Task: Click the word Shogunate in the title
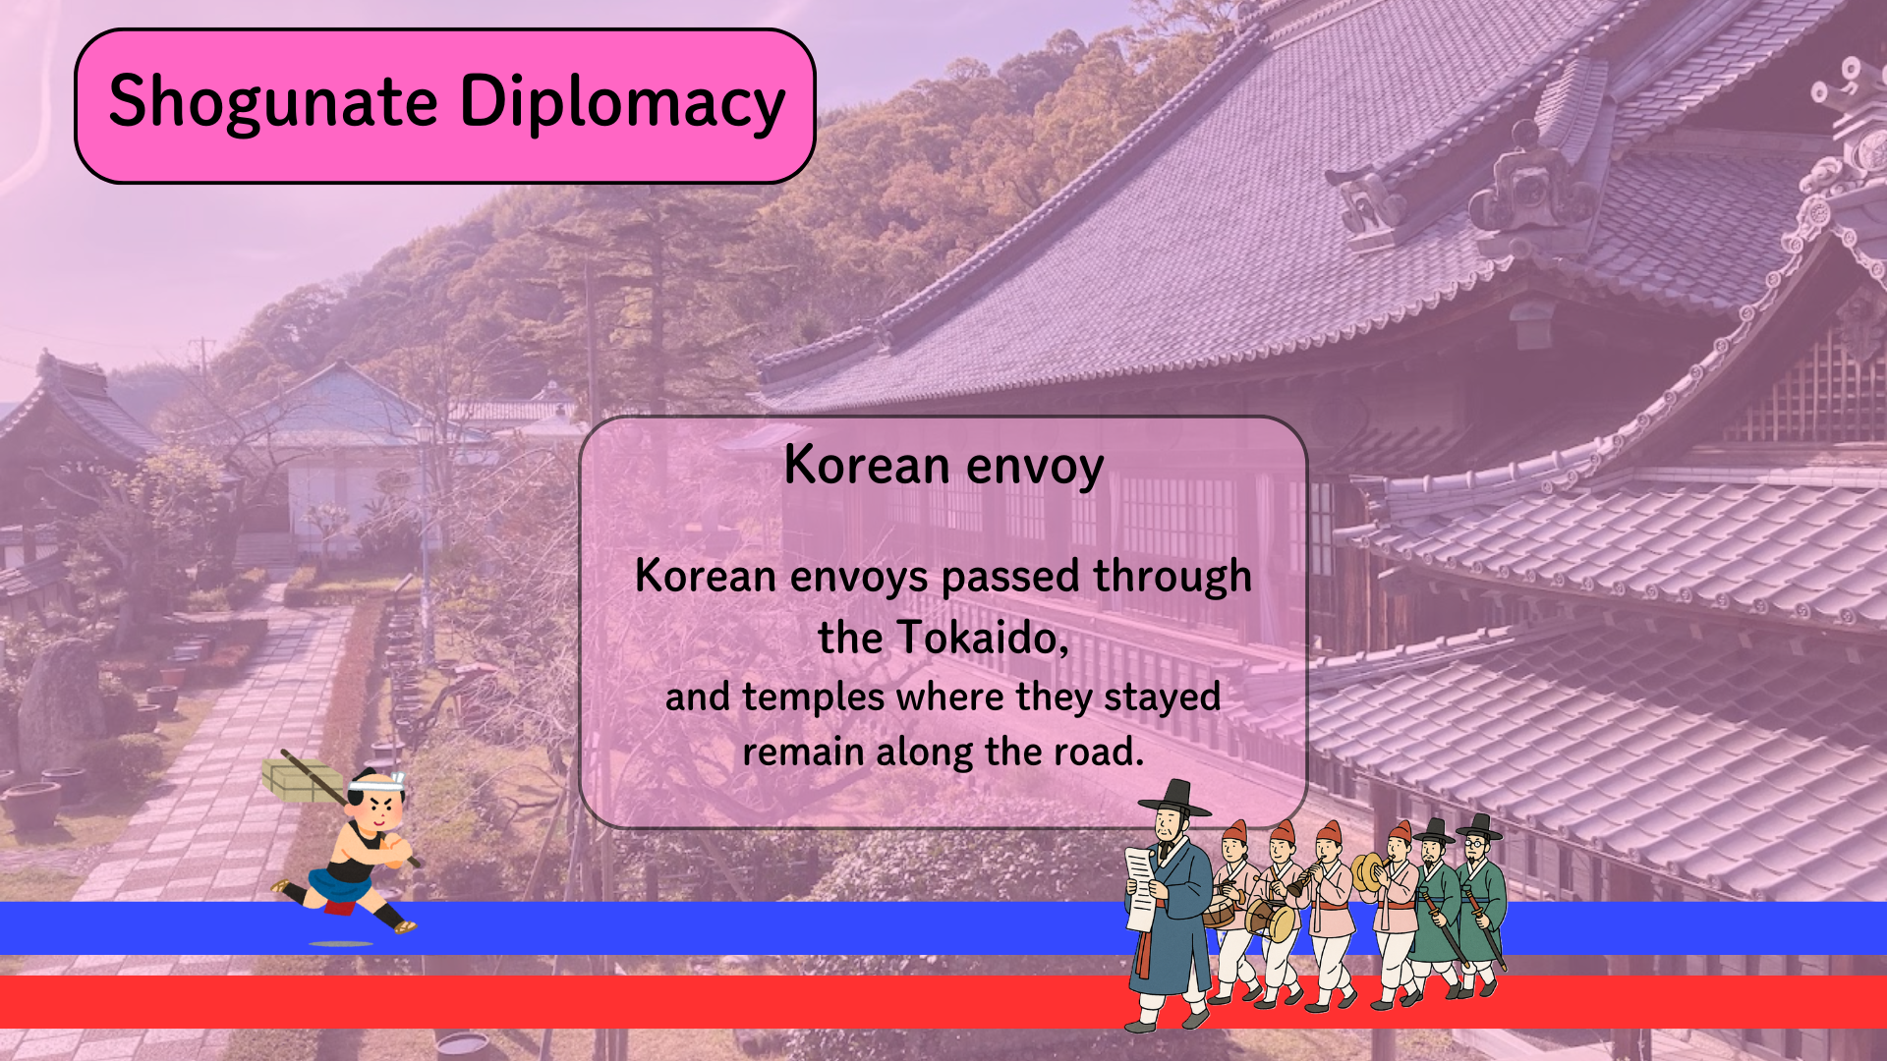273,102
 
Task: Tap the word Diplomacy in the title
623,102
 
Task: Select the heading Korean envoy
943,466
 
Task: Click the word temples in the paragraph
814,697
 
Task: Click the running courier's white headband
376,783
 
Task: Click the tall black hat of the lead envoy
1174,799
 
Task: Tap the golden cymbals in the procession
1367,872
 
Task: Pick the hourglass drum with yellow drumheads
1272,920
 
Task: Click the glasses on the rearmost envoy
1474,843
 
